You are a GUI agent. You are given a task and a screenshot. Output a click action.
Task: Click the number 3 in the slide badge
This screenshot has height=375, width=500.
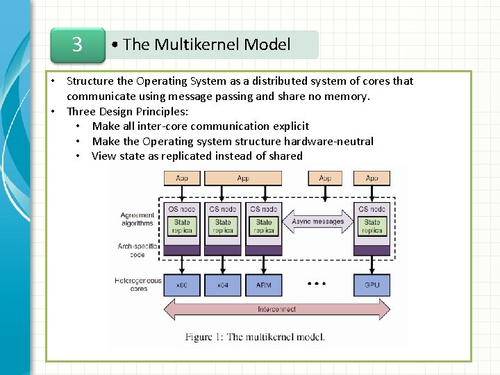77,45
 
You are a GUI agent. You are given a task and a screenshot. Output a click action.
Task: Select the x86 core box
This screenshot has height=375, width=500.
182,285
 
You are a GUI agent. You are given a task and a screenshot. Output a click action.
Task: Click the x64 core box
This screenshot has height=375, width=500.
222,285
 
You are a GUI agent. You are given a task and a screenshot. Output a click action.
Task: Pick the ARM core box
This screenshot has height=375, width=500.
263,285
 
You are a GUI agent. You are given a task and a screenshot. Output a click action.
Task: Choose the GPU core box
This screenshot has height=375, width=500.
372,285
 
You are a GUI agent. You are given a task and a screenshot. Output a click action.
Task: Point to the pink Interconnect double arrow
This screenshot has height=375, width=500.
276,310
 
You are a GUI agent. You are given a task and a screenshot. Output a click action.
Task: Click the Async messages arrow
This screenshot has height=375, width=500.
317,222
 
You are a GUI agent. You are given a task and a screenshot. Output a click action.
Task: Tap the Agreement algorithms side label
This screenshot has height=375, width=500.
137,219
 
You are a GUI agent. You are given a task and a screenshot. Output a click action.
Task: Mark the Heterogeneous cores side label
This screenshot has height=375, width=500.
139,285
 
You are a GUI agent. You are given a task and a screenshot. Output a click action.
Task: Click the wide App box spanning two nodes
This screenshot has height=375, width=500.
243,178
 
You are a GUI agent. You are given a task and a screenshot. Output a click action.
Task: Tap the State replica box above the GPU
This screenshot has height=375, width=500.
372,226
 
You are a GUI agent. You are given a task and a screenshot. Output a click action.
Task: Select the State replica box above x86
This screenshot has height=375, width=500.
182,226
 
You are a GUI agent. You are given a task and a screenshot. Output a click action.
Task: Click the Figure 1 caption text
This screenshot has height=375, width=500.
255,337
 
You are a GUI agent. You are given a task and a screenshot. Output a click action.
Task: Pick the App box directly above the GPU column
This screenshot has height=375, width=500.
372,178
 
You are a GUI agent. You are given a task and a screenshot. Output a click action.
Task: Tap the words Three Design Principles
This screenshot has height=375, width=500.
127,111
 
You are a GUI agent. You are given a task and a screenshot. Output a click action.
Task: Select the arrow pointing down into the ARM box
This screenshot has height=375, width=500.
263,265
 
